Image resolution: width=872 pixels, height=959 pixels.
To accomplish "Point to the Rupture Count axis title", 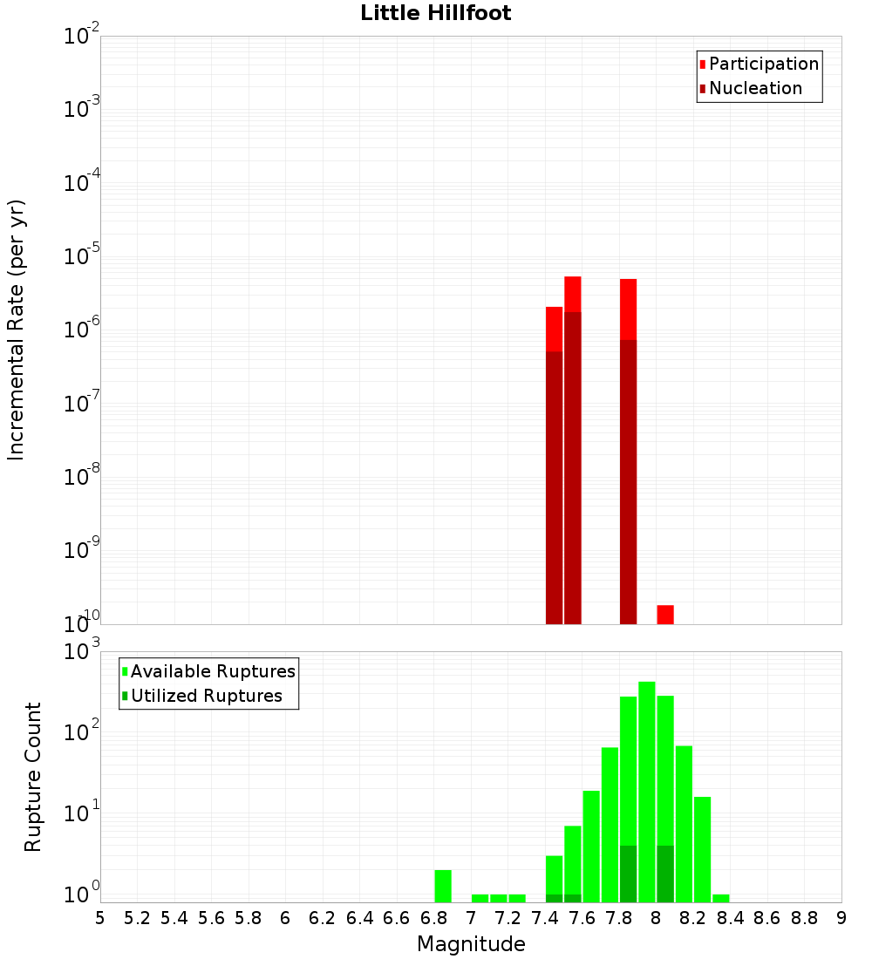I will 33,777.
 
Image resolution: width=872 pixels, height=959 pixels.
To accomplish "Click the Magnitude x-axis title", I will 471,944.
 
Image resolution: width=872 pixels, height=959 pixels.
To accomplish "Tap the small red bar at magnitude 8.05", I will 665,614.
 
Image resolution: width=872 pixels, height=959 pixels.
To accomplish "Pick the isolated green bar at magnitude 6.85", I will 443,886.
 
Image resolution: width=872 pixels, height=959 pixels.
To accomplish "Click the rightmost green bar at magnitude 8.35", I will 720,898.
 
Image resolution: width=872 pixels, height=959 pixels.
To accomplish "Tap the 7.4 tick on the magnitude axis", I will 545,918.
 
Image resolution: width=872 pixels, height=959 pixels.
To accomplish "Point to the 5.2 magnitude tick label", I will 138,918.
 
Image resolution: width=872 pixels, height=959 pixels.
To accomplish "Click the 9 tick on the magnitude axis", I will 841,918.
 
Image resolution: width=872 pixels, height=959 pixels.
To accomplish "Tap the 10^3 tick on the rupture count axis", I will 83,651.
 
